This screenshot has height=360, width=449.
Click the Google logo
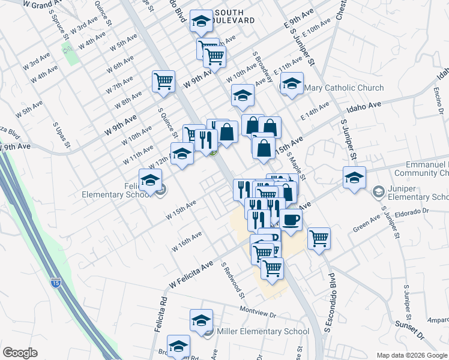point(20,353)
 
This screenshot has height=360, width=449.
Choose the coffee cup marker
point(292,221)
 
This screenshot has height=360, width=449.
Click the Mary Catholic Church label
point(344,88)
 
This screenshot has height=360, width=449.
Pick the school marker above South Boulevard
point(202,22)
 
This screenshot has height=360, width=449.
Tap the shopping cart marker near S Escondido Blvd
point(319,238)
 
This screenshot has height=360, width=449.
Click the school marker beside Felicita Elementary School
point(150,179)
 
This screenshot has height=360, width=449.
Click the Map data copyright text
point(411,355)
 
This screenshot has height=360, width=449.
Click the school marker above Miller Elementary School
point(201,320)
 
